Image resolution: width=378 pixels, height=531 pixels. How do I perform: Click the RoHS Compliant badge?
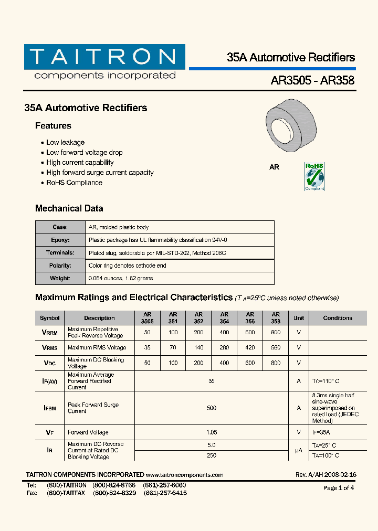314,176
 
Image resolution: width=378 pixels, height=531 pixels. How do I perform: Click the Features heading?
53,126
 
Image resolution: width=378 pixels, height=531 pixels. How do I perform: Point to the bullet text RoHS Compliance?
74,183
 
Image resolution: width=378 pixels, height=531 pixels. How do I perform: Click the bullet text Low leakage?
65,142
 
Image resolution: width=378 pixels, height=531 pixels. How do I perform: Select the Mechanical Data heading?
69,208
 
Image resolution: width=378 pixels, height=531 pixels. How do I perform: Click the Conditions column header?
338,318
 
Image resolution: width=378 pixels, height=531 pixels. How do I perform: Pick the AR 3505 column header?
147,318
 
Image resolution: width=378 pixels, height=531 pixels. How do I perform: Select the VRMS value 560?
276,347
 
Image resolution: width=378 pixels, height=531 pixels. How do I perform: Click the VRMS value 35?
147,347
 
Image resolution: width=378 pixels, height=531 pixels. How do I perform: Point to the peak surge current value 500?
212,408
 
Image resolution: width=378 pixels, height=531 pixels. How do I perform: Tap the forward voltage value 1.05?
212,432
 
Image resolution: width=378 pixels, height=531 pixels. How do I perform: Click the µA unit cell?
299,450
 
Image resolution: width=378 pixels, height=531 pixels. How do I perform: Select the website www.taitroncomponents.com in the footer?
185,475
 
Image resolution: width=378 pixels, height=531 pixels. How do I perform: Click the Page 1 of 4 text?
338,488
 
